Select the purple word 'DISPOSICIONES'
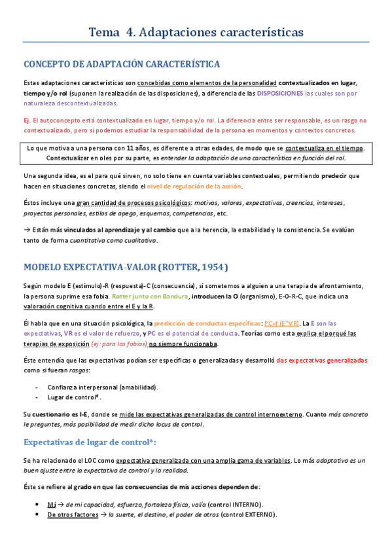coord(280,94)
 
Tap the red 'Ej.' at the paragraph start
coord(27,120)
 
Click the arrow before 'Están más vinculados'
coord(27,230)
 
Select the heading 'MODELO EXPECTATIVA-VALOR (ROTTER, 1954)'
coord(125,268)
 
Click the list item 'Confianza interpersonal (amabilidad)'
coord(103,387)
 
